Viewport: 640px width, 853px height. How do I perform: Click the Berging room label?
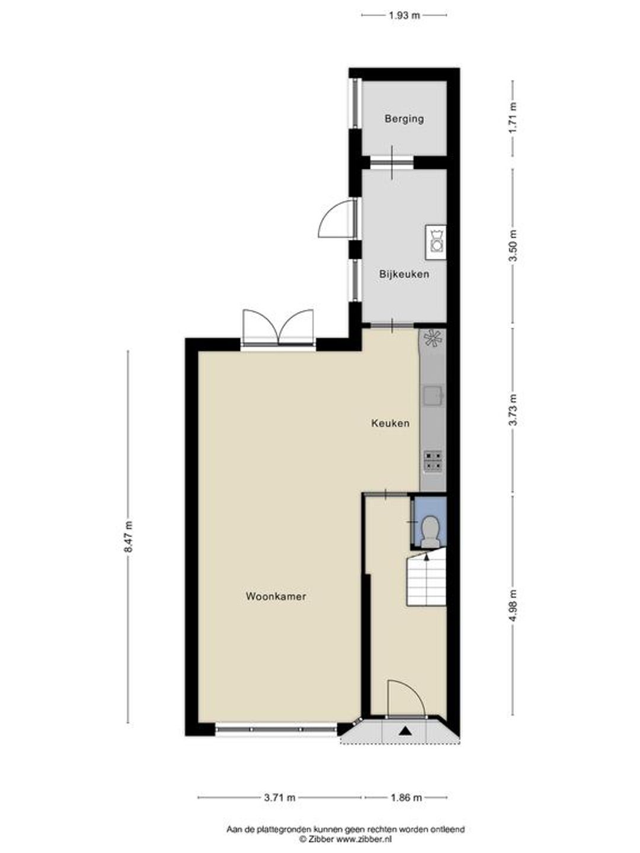(x=404, y=119)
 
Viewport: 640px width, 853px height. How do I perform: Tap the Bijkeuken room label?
(x=404, y=274)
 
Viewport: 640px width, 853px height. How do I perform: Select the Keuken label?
(x=390, y=423)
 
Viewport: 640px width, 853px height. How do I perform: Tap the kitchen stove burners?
(x=433, y=461)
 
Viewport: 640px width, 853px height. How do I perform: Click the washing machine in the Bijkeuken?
(x=436, y=242)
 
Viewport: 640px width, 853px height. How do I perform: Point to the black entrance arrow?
(x=406, y=731)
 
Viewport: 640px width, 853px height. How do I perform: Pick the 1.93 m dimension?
(x=404, y=15)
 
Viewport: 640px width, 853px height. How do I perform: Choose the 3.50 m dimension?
(x=513, y=246)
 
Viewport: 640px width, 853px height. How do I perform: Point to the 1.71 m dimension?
(x=513, y=118)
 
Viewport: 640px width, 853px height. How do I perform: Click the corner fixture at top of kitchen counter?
(x=433, y=338)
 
